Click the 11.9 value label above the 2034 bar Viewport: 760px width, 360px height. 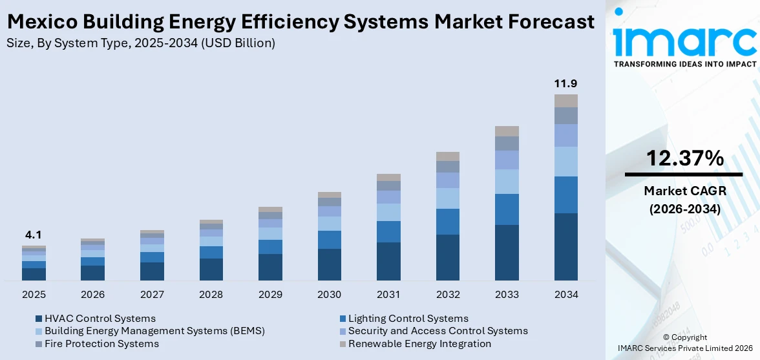tap(565, 84)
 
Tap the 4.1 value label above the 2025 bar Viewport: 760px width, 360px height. tap(34, 235)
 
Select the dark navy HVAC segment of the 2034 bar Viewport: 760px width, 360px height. tap(565, 247)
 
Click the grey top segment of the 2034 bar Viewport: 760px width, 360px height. tap(565, 101)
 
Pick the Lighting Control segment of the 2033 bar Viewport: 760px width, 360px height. tap(507, 209)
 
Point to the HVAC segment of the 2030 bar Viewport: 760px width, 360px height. tap(329, 264)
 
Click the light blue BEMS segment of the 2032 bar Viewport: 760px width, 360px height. tap(447, 198)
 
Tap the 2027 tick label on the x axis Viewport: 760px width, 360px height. tap(152, 295)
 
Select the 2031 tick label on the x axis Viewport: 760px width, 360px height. tap(388, 295)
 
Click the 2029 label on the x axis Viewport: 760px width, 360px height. tap(270, 295)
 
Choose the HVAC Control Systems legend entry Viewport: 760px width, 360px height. tap(100, 319)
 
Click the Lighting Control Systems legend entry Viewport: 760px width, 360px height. tap(408, 319)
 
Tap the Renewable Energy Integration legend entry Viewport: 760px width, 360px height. tap(419, 344)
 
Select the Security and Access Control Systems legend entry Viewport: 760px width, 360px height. tap(438, 331)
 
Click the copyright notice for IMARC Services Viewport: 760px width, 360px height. tap(684, 343)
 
